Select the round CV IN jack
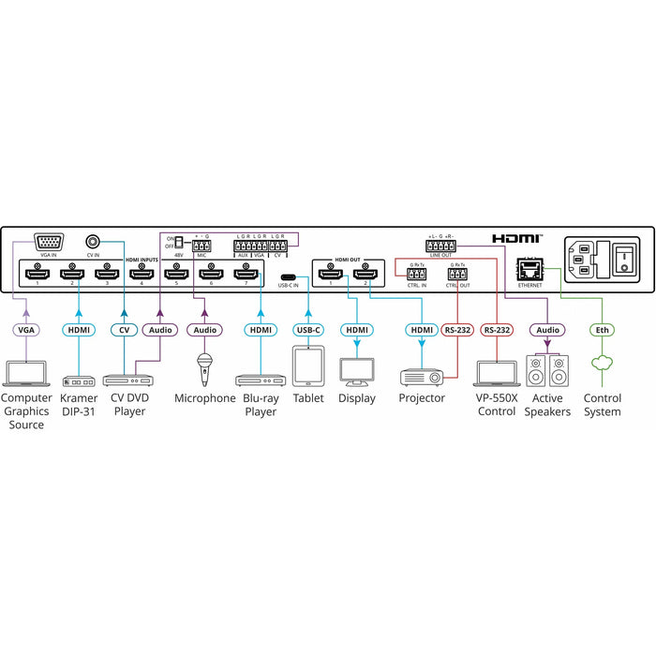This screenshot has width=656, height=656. (x=93, y=240)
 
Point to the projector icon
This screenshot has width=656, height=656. (x=422, y=376)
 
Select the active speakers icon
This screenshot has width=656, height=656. (x=547, y=370)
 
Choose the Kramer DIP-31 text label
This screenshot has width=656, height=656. (x=79, y=405)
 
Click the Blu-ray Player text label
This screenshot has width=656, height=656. (x=261, y=405)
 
